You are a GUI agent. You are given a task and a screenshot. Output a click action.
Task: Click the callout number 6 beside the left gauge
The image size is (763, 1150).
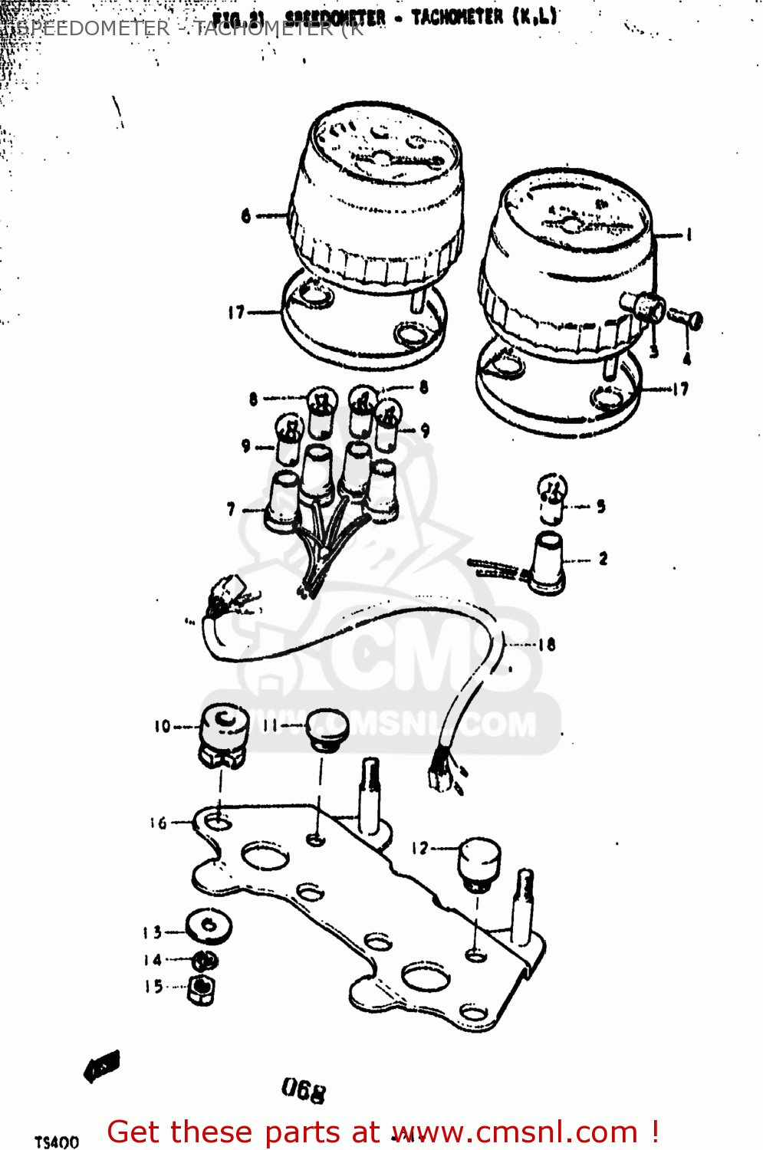point(245,215)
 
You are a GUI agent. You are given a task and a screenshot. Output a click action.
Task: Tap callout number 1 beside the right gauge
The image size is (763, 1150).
point(688,235)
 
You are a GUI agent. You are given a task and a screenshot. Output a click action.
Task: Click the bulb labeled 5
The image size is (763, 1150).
point(552,496)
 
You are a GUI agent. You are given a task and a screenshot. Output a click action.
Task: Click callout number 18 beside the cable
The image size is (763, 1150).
point(547,645)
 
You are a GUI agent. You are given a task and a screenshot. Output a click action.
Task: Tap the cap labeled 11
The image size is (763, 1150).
point(327,729)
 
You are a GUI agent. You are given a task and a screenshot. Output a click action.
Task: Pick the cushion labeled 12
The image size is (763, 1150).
point(479,863)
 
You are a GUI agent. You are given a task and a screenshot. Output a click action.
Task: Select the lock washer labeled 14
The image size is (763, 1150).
point(204,961)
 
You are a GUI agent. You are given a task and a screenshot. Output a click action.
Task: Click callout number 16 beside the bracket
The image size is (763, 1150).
point(158,823)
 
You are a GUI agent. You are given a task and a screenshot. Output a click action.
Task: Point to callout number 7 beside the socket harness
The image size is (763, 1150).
point(231,509)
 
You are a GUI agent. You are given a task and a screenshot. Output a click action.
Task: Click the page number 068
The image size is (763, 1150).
point(304,1089)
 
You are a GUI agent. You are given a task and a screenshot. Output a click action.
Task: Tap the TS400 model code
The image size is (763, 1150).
point(57,1142)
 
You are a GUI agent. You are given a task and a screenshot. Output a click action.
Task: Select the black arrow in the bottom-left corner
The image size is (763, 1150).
point(101,1066)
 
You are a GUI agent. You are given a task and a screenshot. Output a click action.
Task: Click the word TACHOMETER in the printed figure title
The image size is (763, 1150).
point(457,17)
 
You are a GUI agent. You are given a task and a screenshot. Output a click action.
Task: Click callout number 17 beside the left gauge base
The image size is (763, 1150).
point(235,312)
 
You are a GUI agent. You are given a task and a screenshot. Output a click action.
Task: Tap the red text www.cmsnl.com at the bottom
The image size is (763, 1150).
point(516,1132)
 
